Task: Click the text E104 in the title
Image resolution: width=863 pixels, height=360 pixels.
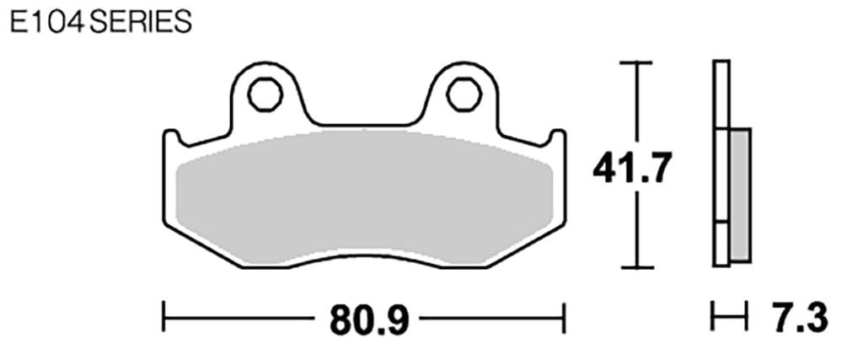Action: [x=47, y=22]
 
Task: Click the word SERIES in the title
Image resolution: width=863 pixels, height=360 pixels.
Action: [x=140, y=22]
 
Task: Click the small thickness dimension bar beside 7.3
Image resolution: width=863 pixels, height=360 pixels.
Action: [x=730, y=319]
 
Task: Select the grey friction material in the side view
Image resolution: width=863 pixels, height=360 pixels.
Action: [x=739, y=194]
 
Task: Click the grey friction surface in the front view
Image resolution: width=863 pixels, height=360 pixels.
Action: [x=362, y=198]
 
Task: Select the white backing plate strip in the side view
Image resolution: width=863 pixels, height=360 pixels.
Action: [x=721, y=169]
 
